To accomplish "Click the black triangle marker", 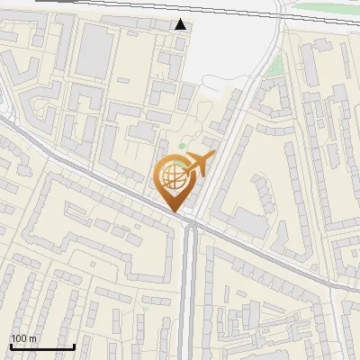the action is [x=181, y=24].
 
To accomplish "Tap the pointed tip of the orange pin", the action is [x=175, y=211].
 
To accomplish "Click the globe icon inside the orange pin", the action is [x=175, y=178].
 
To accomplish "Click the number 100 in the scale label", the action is [x=19, y=338].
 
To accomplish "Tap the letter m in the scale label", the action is [x=33, y=338].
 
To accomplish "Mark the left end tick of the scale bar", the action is [x=11, y=345].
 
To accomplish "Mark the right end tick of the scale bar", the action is [x=74, y=345].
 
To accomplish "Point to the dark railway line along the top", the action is [x=135, y=4].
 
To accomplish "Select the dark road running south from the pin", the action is [x=189, y=288].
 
